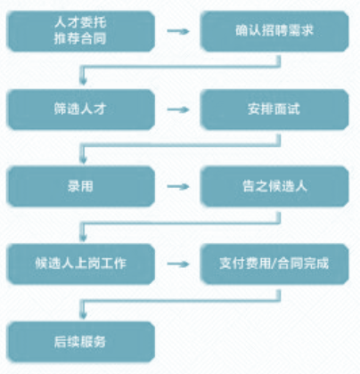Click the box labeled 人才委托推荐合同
[x=80, y=31]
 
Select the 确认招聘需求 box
[x=274, y=31]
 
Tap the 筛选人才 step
[x=80, y=110]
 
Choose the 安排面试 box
[x=274, y=110]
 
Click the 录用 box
[x=80, y=186]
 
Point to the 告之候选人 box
[x=274, y=186]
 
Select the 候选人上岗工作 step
[x=80, y=264]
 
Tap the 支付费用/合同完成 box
[x=274, y=264]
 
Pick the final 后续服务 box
[x=80, y=342]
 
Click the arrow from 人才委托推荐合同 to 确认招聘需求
[x=178, y=31]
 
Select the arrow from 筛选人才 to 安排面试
[x=178, y=110]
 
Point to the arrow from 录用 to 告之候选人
[x=178, y=186]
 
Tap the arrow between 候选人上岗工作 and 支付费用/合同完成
[x=178, y=264]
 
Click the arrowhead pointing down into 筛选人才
[x=83, y=81]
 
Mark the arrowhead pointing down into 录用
[x=83, y=159]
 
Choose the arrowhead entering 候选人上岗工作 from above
[x=83, y=238]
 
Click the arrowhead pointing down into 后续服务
[x=83, y=315]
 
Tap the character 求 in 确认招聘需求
[x=307, y=30]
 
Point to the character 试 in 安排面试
[x=293, y=109]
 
